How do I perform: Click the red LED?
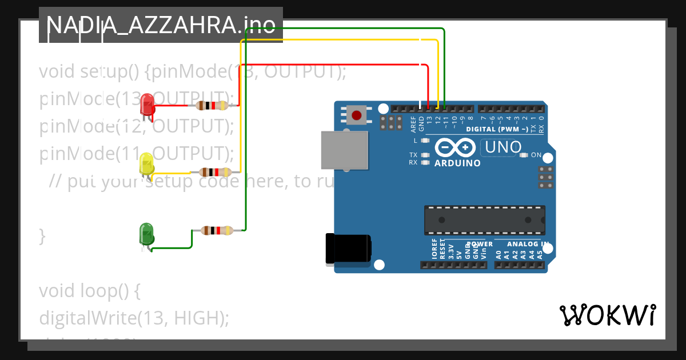click(x=147, y=105)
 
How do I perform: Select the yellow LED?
click(x=146, y=165)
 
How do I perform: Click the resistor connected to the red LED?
click(x=212, y=105)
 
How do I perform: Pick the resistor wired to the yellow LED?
click(x=215, y=172)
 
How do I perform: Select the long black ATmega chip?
click(x=484, y=220)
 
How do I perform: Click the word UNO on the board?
click(x=503, y=147)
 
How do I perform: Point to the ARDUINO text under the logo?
click(x=457, y=163)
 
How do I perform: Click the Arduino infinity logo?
click(x=454, y=147)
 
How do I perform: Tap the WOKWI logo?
click(x=607, y=315)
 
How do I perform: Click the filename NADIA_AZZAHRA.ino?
click(x=161, y=25)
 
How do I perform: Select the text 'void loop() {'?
click(x=89, y=291)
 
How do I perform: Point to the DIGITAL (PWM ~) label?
click(x=497, y=129)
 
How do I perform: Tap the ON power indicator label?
click(x=536, y=155)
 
